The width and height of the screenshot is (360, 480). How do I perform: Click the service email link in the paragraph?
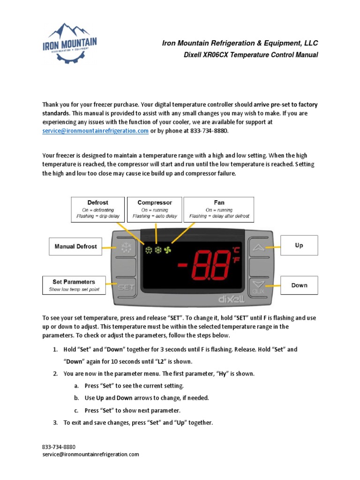tap(96, 131)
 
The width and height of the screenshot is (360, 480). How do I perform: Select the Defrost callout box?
tap(97, 209)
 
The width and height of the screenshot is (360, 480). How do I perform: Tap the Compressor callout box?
tap(155, 209)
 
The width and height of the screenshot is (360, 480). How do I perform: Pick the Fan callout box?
tap(219, 209)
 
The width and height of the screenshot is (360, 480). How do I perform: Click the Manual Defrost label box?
tap(75, 246)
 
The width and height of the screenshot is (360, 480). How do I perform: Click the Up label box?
tap(299, 245)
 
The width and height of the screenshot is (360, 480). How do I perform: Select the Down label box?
tap(299, 285)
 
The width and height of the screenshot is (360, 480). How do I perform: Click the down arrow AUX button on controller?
tap(258, 286)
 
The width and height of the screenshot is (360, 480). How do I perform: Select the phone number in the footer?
tap(59, 447)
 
